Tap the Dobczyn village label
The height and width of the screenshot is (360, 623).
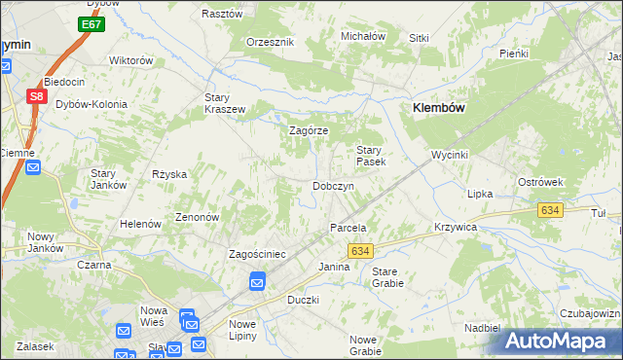(332, 185)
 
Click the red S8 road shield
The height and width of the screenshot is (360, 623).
(35, 96)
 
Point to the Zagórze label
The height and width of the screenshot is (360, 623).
(309, 130)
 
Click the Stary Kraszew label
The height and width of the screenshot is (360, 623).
(224, 103)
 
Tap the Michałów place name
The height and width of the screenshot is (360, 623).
(363, 36)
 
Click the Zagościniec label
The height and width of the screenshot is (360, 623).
(256, 254)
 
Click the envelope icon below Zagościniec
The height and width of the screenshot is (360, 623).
(257, 283)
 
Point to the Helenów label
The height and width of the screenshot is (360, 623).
(139, 224)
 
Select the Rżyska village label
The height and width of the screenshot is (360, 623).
(168, 174)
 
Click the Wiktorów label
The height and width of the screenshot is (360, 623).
(131, 60)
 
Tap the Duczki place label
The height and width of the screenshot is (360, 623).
(303, 300)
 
